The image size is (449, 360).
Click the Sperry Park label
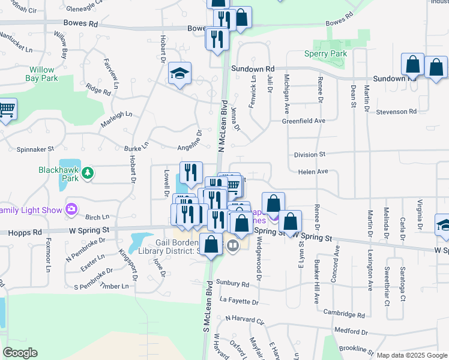(x=331, y=53)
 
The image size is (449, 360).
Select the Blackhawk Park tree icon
(x=88, y=173)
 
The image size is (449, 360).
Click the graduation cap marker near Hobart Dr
(x=179, y=74)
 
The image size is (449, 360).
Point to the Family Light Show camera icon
(x=71, y=209)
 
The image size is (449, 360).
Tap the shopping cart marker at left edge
(x=6, y=110)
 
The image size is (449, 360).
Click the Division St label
(x=310, y=154)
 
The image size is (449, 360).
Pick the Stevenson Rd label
(x=396, y=112)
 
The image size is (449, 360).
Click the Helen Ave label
(x=313, y=172)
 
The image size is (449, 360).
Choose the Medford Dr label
(x=351, y=330)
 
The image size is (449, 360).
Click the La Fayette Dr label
(x=239, y=300)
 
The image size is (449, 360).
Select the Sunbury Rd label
(x=234, y=283)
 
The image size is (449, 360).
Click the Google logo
(x=20, y=353)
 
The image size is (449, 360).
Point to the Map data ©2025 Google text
(x=411, y=355)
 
